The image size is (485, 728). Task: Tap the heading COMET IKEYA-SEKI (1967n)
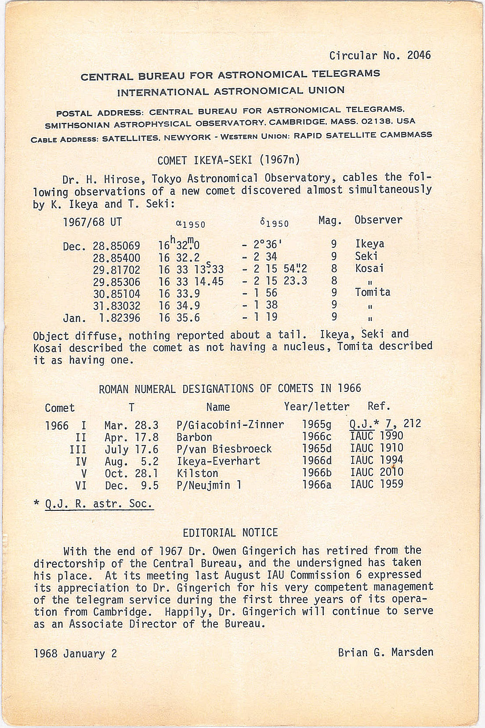pyautogui.click(x=228, y=160)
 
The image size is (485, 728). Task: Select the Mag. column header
pyautogui.click(x=330, y=220)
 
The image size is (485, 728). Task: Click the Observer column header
pyautogui.click(x=378, y=220)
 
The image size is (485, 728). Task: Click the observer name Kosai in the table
pyautogui.click(x=369, y=268)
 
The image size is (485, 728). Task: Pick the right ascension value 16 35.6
pyautogui.click(x=179, y=317)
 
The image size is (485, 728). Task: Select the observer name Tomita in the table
pyautogui.click(x=373, y=292)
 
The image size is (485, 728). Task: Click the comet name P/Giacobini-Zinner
pyautogui.click(x=230, y=425)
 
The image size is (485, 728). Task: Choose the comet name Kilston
pyautogui.click(x=197, y=473)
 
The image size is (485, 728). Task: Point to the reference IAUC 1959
pyautogui.click(x=376, y=484)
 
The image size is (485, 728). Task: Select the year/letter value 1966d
pyautogui.click(x=317, y=461)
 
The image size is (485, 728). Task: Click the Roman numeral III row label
pyautogui.click(x=78, y=450)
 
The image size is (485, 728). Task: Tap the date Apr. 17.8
pyautogui.click(x=131, y=438)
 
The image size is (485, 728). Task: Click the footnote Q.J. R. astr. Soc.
pyautogui.click(x=99, y=504)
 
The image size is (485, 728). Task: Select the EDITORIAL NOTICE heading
pyautogui.click(x=230, y=533)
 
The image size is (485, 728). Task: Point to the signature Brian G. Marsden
pyautogui.click(x=385, y=653)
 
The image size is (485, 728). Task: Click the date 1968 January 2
pyautogui.click(x=75, y=653)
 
